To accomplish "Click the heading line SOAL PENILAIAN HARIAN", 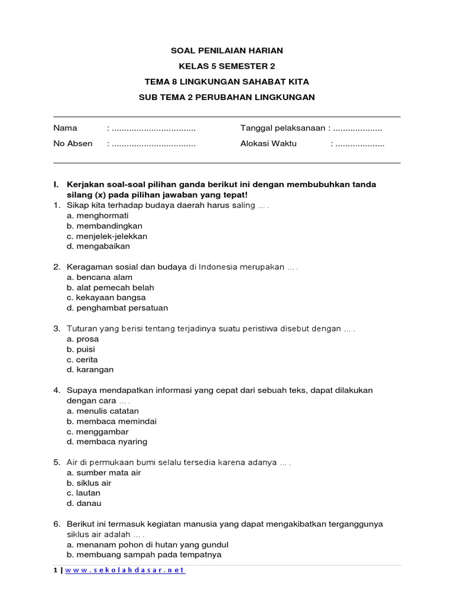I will point(226,51).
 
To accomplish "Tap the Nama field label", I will point(65,128).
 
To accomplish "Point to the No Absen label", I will point(73,143).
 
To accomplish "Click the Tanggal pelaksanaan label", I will point(283,128).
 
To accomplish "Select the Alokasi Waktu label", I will point(268,143).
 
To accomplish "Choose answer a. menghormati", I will point(98,215).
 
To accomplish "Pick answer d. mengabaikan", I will point(98,246).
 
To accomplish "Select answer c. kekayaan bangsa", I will point(106,298).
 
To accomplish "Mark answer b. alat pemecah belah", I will point(111,288).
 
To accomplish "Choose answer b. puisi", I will point(81,349).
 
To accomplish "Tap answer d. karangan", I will point(90,370).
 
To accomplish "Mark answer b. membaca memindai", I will point(112,421).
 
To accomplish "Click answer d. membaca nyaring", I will point(107,441).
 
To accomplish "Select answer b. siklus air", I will point(89,483).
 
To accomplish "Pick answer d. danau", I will point(85,504).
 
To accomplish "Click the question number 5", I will point(56,462).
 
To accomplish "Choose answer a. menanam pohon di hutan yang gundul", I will point(148,544).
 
